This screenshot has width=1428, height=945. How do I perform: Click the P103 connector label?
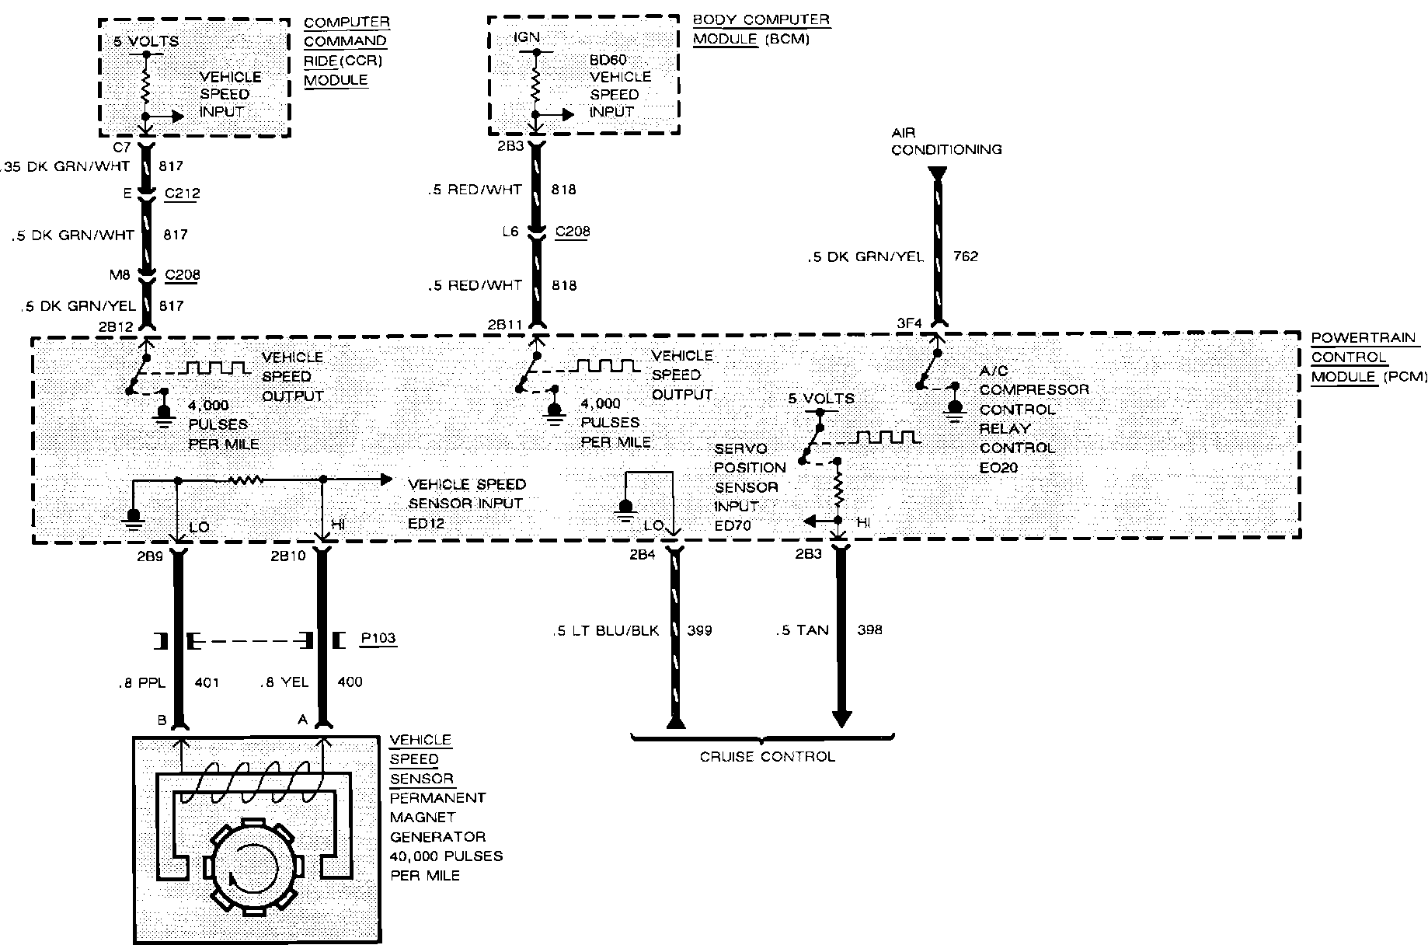pyautogui.click(x=378, y=639)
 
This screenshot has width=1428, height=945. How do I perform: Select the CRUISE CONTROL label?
pyautogui.click(x=767, y=756)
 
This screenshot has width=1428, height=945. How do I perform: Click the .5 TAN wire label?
pyautogui.click(x=802, y=630)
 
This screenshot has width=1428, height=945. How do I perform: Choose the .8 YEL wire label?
pyautogui.click(x=284, y=682)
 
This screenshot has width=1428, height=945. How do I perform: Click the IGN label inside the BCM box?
pyautogui.click(x=526, y=37)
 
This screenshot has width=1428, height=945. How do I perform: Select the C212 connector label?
pyautogui.click(x=183, y=194)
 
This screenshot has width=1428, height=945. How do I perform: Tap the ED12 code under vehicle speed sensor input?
pyautogui.click(x=426, y=523)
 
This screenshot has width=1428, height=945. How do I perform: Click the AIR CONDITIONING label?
pyautogui.click(x=946, y=141)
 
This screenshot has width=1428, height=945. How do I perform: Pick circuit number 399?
pyautogui.click(x=699, y=630)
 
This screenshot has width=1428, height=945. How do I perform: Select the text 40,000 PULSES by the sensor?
pyautogui.click(x=446, y=856)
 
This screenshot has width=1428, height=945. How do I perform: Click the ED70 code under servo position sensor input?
pyautogui.click(x=732, y=525)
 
